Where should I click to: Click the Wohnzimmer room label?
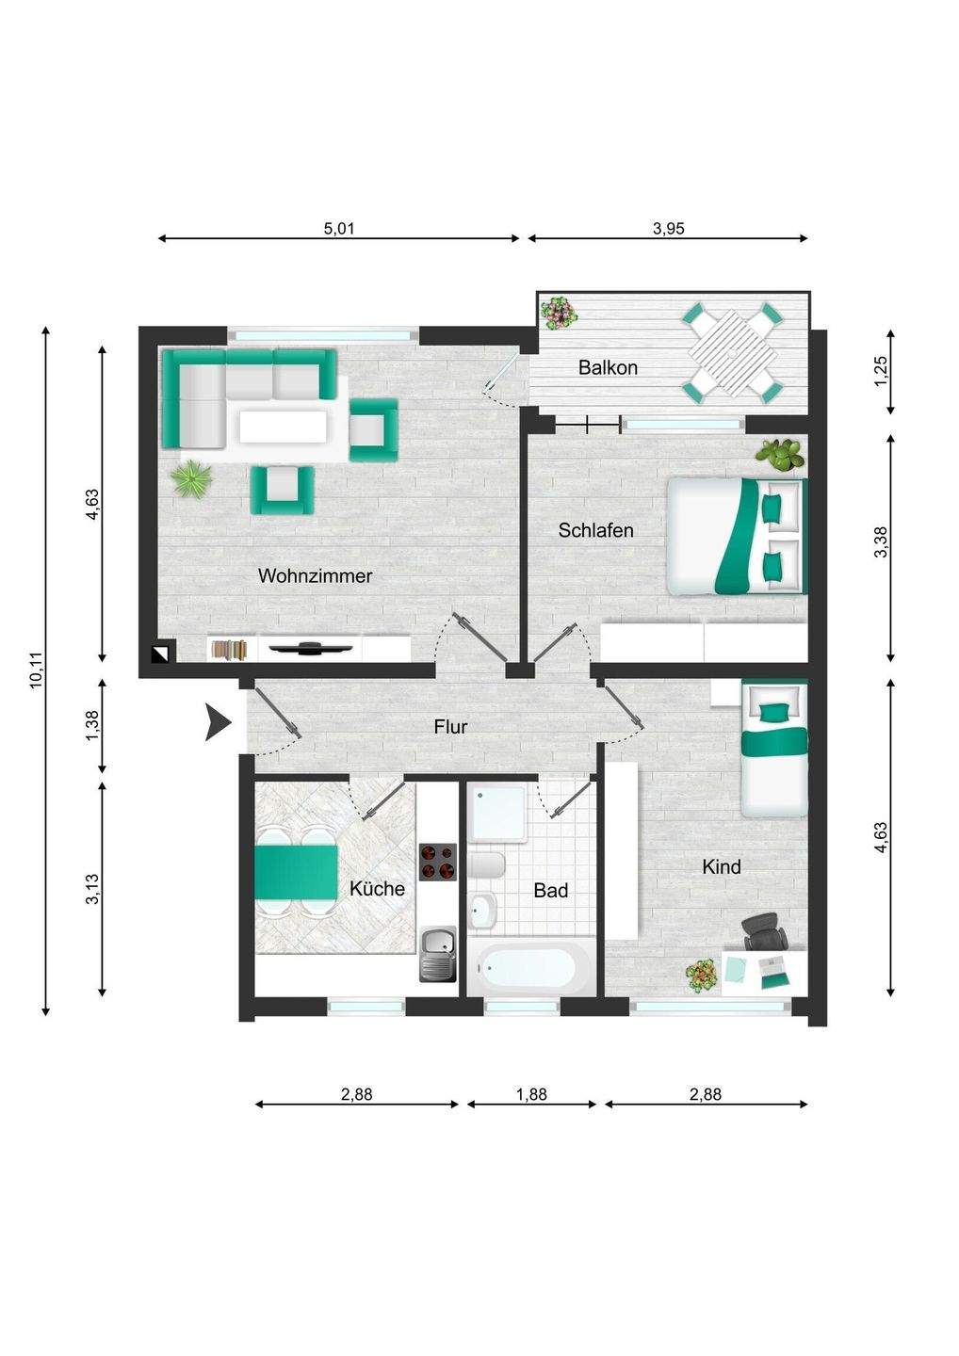click(x=315, y=575)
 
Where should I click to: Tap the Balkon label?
click(x=608, y=367)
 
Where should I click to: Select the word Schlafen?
click(x=595, y=530)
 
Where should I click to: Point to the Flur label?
click(x=450, y=726)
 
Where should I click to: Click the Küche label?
click(x=377, y=889)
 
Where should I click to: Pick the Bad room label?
click(x=551, y=891)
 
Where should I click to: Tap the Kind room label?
click(x=721, y=867)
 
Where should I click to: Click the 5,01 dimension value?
click(x=339, y=228)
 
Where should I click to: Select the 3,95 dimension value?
click(x=669, y=228)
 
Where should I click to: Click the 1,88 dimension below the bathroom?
click(x=531, y=1094)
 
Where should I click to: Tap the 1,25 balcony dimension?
click(x=881, y=370)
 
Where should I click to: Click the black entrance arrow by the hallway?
click(x=218, y=722)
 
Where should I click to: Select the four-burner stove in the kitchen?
click(x=437, y=862)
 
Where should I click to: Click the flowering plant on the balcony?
click(x=560, y=313)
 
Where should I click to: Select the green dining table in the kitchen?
click(x=296, y=872)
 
